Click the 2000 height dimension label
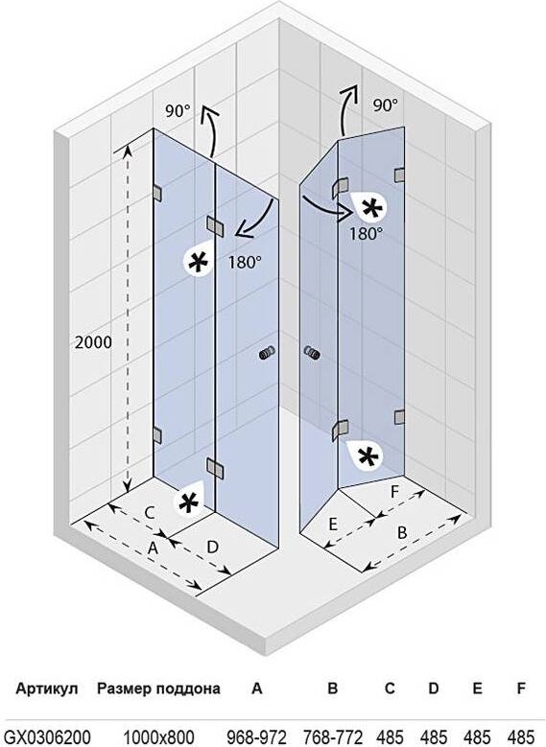[93, 342]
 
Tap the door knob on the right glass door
[312, 353]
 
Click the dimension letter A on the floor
[153, 548]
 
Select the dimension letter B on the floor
[402, 532]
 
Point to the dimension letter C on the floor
[150, 513]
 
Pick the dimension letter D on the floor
[212, 547]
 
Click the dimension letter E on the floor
[333, 525]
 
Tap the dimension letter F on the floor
[394, 492]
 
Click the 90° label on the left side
[178, 111]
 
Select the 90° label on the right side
[386, 105]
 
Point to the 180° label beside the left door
[245, 262]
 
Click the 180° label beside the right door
[366, 233]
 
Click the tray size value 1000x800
[158, 736]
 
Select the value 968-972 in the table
[256, 736]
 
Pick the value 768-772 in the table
[333, 736]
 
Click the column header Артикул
[47, 689]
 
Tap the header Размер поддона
[158, 689]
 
